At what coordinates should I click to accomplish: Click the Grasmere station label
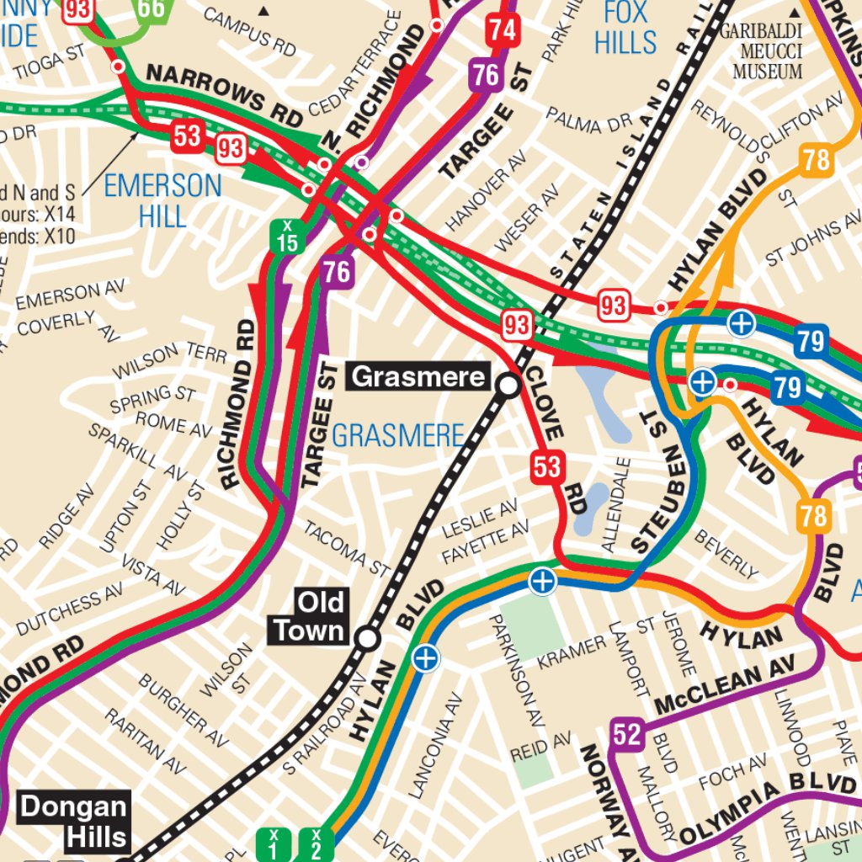pyautogui.click(x=418, y=376)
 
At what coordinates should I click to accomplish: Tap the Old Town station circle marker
pyautogui.click(x=367, y=639)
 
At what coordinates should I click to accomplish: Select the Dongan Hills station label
pyautogui.click(x=74, y=822)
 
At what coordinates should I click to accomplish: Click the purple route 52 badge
pyautogui.click(x=627, y=735)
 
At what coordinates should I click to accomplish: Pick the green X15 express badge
pyautogui.click(x=287, y=237)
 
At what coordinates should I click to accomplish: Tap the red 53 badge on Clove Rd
pyautogui.click(x=546, y=466)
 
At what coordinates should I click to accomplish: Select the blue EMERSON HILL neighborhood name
pyautogui.click(x=162, y=200)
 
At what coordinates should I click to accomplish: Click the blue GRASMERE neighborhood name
pyautogui.click(x=397, y=435)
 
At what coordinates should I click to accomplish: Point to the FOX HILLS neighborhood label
pyautogui.click(x=625, y=27)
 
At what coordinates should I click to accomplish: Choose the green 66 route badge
pyautogui.click(x=152, y=8)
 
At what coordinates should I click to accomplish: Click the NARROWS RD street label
pyautogui.click(x=223, y=94)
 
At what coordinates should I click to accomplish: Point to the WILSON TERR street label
pyautogui.click(x=170, y=359)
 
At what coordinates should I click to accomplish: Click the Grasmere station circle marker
pyautogui.click(x=509, y=386)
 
